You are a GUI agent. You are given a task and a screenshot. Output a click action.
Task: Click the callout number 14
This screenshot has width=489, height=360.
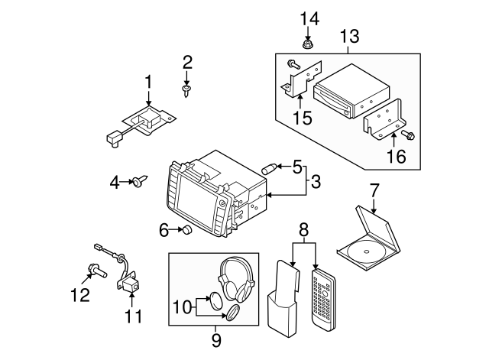pyautogui.click(x=309, y=18)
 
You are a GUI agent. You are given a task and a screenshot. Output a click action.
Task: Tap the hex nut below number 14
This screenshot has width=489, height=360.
pyautogui.click(x=307, y=44)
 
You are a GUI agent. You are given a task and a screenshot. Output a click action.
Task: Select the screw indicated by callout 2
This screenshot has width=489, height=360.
pyautogui.click(x=186, y=90)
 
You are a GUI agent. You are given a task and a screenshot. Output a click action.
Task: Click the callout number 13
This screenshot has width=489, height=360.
pyautogui.click(x=349, y=36)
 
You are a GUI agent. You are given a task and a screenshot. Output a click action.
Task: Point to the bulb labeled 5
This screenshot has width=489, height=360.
pyautogui.click(x=268, y=169)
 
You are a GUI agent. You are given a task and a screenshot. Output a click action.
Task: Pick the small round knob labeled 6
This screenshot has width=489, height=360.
pyautogui.click(x=187, y=229)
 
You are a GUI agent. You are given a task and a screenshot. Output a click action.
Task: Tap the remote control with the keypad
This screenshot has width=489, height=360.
pyautogui.click(x=323, y=300)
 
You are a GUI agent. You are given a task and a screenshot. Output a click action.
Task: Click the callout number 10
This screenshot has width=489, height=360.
pyautogui.click(x=182, y=307)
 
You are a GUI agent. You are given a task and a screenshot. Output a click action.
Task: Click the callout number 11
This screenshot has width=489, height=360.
pyautogui.click(x=133, y=316)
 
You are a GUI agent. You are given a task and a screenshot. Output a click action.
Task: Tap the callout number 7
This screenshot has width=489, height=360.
pyautogui.click(x=374, y=190)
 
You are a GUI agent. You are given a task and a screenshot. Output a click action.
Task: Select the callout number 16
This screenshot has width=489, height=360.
pyautogui.click(x=397, y=156)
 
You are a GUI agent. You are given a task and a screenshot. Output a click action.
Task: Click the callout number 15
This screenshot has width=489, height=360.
pyautogui.click(x=303, y=118)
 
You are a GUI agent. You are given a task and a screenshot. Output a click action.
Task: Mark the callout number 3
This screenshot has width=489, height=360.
pyautogui.click(x=316, y=182)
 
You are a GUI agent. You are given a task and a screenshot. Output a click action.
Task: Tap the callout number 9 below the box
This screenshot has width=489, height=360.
pyautogui.click(x=216, y=340)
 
